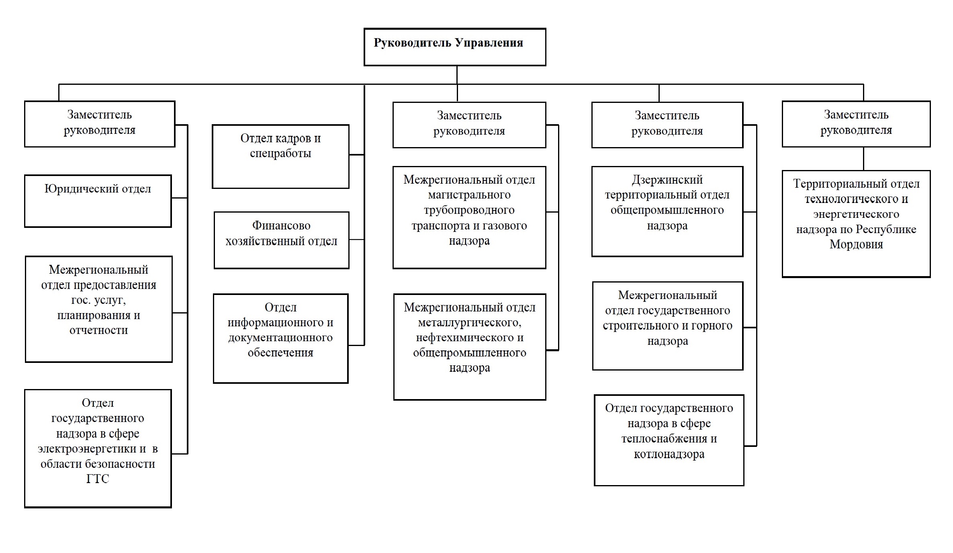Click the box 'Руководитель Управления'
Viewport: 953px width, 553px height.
click(455, 47)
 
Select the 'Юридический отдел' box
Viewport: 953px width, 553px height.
click(98, 201)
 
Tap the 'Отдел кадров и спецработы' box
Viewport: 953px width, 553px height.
click(280, 156)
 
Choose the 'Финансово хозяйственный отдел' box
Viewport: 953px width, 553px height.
click(281, 240)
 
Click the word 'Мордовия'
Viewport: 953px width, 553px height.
click(856, 244)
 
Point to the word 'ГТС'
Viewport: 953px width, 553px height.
click(98, 479)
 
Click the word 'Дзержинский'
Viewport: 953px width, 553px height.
click(667, 180)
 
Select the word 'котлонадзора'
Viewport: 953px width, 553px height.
click(669, 454)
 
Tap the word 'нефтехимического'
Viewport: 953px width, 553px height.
click(470, 338)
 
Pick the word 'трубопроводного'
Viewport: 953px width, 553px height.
click(469, 210)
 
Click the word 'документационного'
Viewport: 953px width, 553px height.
click(280, 338)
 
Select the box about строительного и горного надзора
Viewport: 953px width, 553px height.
click(668, 326)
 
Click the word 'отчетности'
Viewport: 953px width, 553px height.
click(98, 330)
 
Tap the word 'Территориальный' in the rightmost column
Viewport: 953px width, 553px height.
click(829, 184)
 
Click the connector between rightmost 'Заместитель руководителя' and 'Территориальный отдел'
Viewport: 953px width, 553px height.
click(863, 159)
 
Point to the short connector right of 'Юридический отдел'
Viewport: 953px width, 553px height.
click(180, 198)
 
